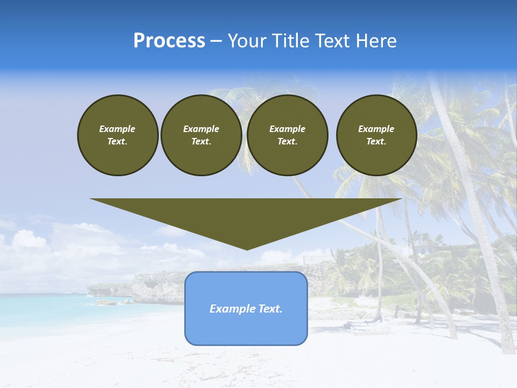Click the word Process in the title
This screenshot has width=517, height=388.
click(169, 41)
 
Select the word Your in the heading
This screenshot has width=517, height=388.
click(248, 41)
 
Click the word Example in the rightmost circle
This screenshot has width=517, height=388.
click(376, 129)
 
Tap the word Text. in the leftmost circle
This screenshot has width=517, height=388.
click(117, 142)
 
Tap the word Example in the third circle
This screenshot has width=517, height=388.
click(287, 129)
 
